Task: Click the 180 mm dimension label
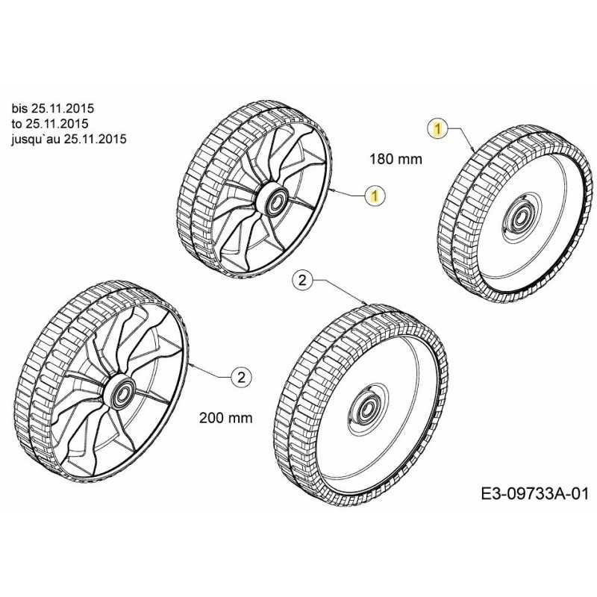[396, 159]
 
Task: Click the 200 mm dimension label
[226, 418]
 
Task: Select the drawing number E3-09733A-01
[534, 494]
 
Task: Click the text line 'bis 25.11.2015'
[52, 108]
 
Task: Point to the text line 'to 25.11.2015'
[50, 124]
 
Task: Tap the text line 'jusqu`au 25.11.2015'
[69, 139]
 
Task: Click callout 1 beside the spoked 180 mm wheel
[375, 196]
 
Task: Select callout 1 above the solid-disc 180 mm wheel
[438, 128]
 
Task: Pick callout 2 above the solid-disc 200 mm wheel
[302, 281]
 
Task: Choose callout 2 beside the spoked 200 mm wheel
[241, 378]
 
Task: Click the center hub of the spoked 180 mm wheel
[275, 201]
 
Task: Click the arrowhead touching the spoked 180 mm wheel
[332, 190]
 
